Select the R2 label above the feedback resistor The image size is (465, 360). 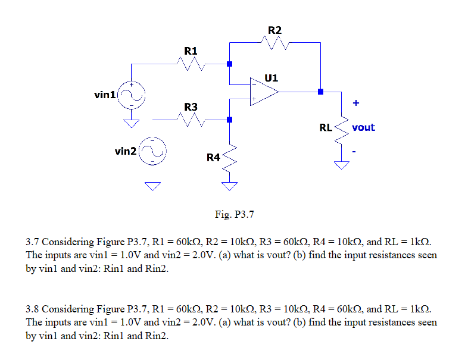274,30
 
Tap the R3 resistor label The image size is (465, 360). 191,107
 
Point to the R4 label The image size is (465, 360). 213,157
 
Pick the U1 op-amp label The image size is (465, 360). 271,78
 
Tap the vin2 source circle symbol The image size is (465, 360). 153,152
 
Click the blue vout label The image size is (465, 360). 363,127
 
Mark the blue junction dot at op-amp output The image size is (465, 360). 320,92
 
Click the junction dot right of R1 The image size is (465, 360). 229,64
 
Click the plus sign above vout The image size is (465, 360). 355,103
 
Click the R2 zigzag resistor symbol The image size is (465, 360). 274,43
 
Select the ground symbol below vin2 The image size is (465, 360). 153,187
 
